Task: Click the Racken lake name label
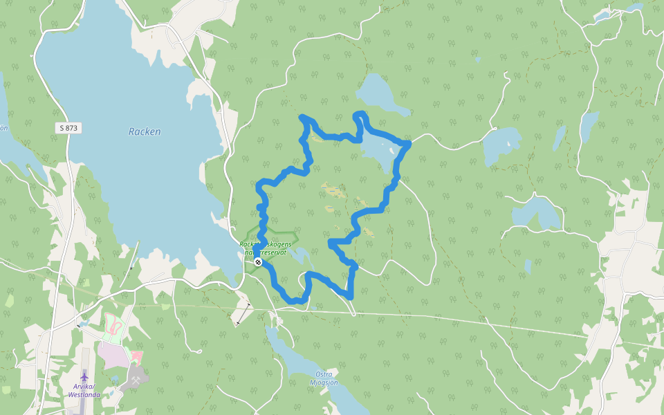(144, 131)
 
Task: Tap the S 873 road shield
(68, 128)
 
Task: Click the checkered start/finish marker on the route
(258, 262)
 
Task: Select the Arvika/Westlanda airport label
(84, 391)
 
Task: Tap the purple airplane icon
(84, 376)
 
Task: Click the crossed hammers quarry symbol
(136, 380)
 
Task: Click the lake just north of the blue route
(377, 93)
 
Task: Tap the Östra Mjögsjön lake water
(297, 360)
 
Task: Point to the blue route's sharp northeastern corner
(408, 143)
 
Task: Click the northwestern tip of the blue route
(302, 118)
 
